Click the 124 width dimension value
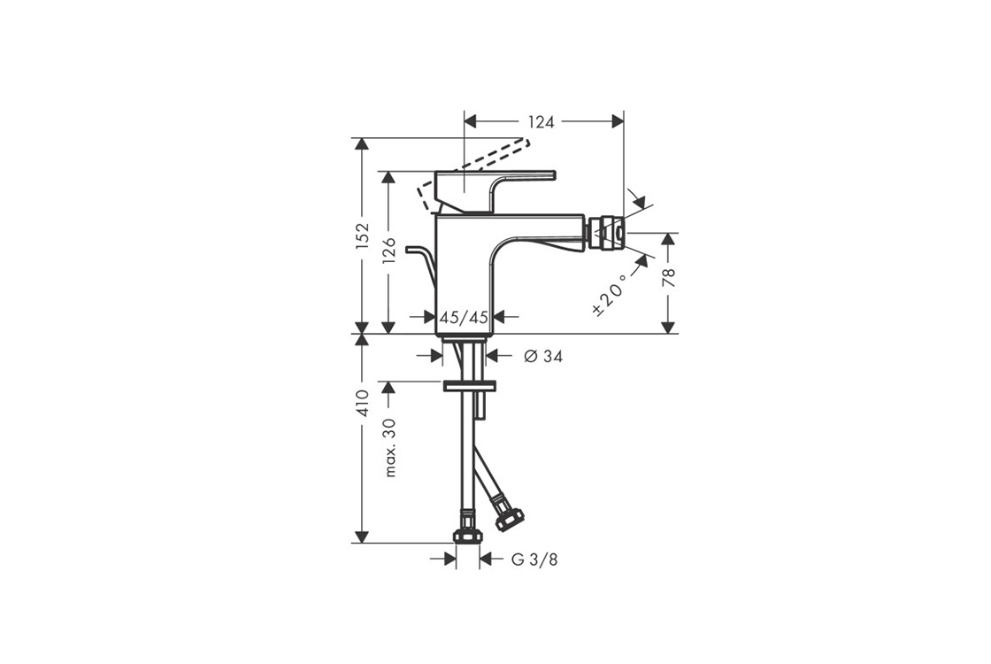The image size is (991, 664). (x=541, y=122)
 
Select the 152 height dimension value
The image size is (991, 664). (x=362, y=235)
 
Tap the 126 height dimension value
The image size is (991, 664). (x=389, y=251)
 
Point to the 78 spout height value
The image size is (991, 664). (x=669, y=278)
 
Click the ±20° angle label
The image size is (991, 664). (x=610, y=295)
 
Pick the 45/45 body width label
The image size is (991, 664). (x=464, y=318)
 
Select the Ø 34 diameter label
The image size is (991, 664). (x=543, y=357)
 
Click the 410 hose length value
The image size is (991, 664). (x=362, y=404)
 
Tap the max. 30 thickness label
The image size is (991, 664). (x=390, y=448)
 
